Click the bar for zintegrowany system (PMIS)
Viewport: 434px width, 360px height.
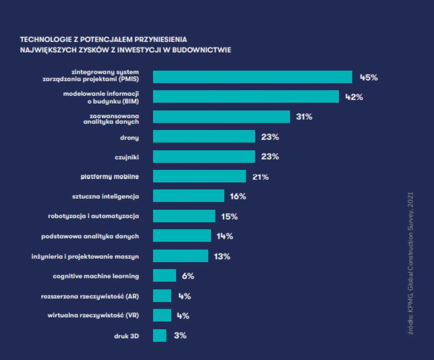coord(253,77)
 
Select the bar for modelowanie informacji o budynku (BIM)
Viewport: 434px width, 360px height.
coord(246,96)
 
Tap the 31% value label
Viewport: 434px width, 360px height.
coord(304,116)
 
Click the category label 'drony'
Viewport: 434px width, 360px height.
coord(129,138)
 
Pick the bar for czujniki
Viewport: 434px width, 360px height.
coord(204,156)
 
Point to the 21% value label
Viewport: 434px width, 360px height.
coord(260,177)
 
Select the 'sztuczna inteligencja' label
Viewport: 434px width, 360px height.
coord(105,197)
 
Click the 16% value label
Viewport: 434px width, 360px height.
coord(238,196)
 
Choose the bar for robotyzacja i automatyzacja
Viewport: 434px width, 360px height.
coord(184,216)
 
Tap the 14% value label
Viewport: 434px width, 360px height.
coord(224,236)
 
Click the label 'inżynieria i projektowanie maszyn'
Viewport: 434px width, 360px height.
coord(85,257)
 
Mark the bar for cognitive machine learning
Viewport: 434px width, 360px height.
coord(165,275)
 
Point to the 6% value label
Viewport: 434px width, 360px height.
coord(188,276)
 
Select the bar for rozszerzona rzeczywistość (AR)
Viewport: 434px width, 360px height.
coord(162,296)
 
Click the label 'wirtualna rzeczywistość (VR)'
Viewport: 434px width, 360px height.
coord(93,315)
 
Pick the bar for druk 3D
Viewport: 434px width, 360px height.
coord(160,336)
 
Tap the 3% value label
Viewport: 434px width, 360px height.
coord(180,336)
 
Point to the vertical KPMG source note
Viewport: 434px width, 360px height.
coord(410,263)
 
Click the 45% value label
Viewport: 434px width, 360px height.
coord(369,77)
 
